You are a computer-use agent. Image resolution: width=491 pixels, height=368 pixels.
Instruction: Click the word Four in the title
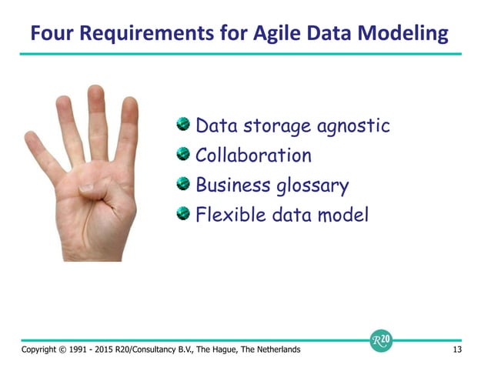tap(48, 34)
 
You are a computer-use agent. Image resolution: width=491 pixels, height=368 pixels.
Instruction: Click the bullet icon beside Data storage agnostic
tap(182, 123)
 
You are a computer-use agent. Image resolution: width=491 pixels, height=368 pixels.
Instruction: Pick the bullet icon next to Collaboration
tap(182, 153)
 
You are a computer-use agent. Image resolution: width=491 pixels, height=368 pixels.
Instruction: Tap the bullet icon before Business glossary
tap(182, 183)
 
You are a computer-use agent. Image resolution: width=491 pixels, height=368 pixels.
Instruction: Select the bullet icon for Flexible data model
tap(182, 213)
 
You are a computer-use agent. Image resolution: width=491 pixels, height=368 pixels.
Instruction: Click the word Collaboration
tap(253, 156)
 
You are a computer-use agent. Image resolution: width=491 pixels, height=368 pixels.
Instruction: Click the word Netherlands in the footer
tap(272, 350)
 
